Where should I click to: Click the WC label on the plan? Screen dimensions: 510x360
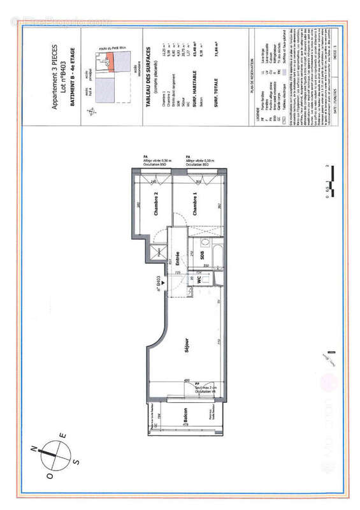click(x=199, y=279)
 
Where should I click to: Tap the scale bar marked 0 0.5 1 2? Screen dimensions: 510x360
click(x=328, y=182)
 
